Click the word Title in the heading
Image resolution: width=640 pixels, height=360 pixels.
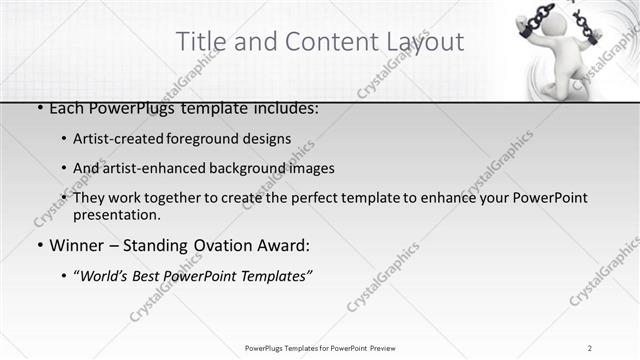click(x=200, y=42)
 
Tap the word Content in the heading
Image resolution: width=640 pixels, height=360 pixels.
click(x=324, y=42)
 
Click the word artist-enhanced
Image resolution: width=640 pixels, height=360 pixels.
click(x=150, y=168)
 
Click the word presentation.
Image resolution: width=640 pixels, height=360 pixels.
click(x=117, y=214)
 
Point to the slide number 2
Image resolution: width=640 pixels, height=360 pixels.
click(x=590, y=347)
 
